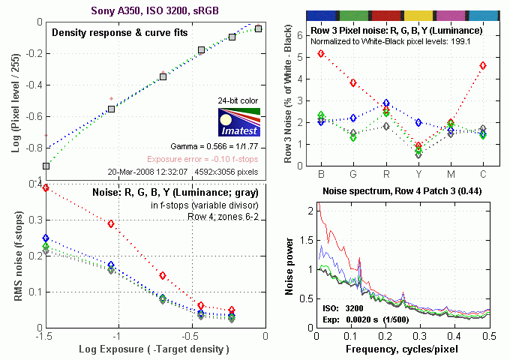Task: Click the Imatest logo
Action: (238, 121)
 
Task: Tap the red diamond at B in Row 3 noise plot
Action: (321, 54)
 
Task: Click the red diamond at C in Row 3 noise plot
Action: (483, 66)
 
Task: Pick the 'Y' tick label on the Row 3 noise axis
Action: (418, 175)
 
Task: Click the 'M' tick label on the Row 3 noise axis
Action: (450, 175)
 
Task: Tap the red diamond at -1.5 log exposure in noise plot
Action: (46, 187)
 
